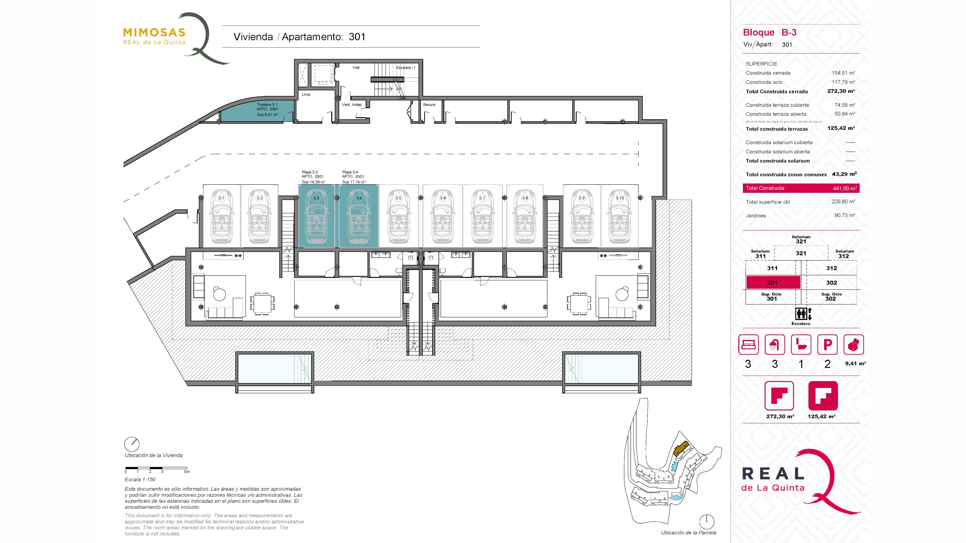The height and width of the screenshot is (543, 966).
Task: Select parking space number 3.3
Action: [316, 216]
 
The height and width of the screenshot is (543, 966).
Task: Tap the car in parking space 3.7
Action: [482, 217]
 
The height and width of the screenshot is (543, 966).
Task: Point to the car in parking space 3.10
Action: [620, 217]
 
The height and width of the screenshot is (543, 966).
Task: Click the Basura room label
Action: [429, 105]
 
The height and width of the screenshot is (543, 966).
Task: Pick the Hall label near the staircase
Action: [356, 67]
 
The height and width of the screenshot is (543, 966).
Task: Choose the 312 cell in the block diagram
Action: [831, 268]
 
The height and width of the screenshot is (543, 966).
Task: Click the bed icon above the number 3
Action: [748, 344]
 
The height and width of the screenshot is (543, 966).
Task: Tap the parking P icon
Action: [827, 344]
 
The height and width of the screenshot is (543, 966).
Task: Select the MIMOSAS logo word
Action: [154, 33]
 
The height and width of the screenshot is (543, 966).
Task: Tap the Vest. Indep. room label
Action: [352, 105]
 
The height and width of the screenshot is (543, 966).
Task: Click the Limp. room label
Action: [306, 95]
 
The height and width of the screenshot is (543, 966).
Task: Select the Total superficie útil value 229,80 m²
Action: [843, 202]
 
